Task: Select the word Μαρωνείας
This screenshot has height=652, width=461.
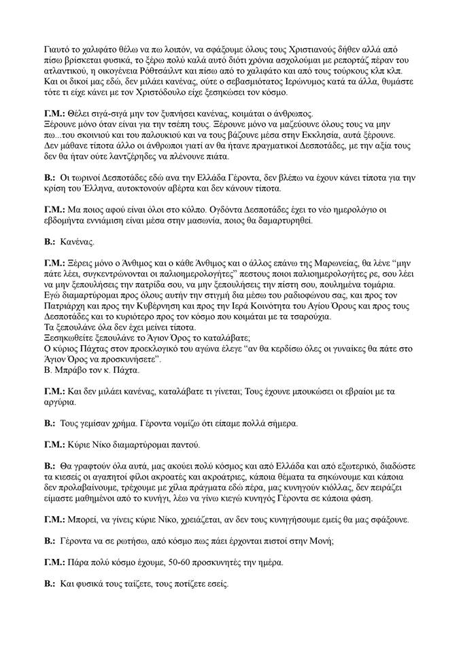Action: pos(275,261)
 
